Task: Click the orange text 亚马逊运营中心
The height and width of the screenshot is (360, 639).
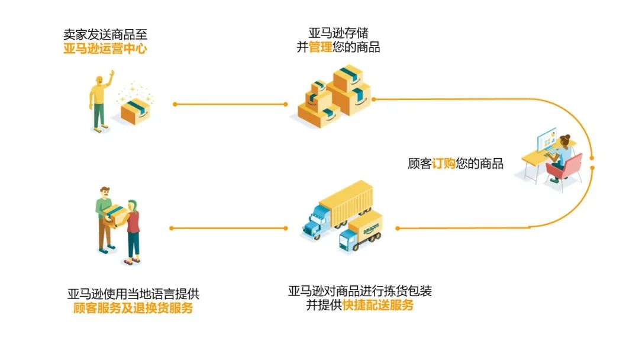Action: [x=105, y=49]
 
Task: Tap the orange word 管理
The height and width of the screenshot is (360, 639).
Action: [x=321, y=47]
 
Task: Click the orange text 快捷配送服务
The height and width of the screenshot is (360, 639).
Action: [x=378, y=306]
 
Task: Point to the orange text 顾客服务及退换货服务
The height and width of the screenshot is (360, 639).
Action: [x=133, y=308]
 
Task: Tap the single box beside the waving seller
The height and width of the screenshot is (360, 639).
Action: [x=136, y=110]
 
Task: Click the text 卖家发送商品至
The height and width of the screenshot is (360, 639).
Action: [x=105, y=34]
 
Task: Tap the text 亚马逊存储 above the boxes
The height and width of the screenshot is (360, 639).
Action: [x=338, y=33]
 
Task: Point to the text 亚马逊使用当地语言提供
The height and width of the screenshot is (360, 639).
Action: [x=133, y=294]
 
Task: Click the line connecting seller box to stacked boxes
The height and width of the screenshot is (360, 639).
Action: [x=231, y=104]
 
